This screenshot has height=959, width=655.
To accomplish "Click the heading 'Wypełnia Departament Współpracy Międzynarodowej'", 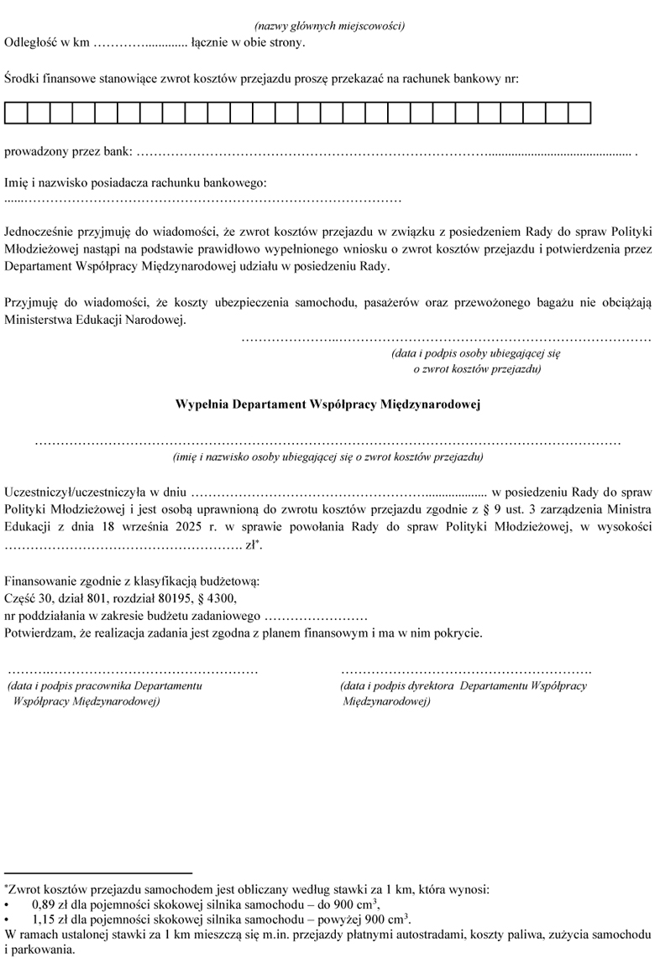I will pyautogui.click(x=327, y=404).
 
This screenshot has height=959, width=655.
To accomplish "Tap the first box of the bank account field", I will pyautogui.click(x=16, y=112).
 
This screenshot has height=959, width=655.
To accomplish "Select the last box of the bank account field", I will pyautogui.click(x=579, y=112).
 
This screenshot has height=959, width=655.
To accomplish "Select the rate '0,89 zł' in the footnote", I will pyautogui.click(x=51, y=904).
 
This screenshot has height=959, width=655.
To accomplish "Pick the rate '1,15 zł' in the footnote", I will pyautogui.click(x=51, y=919).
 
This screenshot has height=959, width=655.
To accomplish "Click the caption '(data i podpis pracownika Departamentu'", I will pyautogui.click(x=104, y=686).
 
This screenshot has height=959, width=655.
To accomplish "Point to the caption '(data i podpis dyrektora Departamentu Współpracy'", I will pyautogui.click(x=464, y=686).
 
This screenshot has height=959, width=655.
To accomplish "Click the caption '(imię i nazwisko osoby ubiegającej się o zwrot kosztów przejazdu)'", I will pyautogui.click(x=327, y=457).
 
